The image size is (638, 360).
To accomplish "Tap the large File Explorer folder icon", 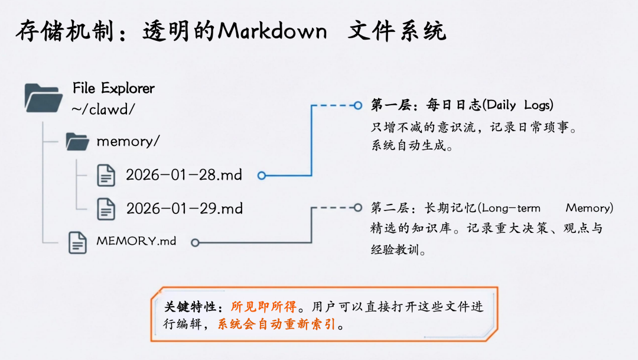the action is [x=43, y=98].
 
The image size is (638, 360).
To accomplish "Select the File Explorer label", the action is [x=113, y=88].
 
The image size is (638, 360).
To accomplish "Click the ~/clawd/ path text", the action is [x=103, y=109].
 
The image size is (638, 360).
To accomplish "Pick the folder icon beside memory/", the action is [x=77, y=141].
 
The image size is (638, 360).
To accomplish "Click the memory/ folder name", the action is [x=128, y=141].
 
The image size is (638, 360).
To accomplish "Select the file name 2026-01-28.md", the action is [x=184, y=175].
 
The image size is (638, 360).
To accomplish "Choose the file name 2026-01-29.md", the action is [x=184, y=209].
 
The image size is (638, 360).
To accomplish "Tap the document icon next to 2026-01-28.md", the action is [x=106, y=175].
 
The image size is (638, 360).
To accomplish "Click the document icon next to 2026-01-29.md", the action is [x=106, y=209].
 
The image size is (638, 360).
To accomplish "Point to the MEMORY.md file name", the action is [x=136, y=241].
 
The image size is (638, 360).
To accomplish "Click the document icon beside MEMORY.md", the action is [x=78, y=242].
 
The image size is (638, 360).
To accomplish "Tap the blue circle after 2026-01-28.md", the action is [x=262, y=176].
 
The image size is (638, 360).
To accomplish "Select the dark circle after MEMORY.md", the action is [x=195, y=242].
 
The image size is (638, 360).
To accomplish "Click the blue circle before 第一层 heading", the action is [x=357, y=106].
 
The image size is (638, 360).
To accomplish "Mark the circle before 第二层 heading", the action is [x=357, y=208].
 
